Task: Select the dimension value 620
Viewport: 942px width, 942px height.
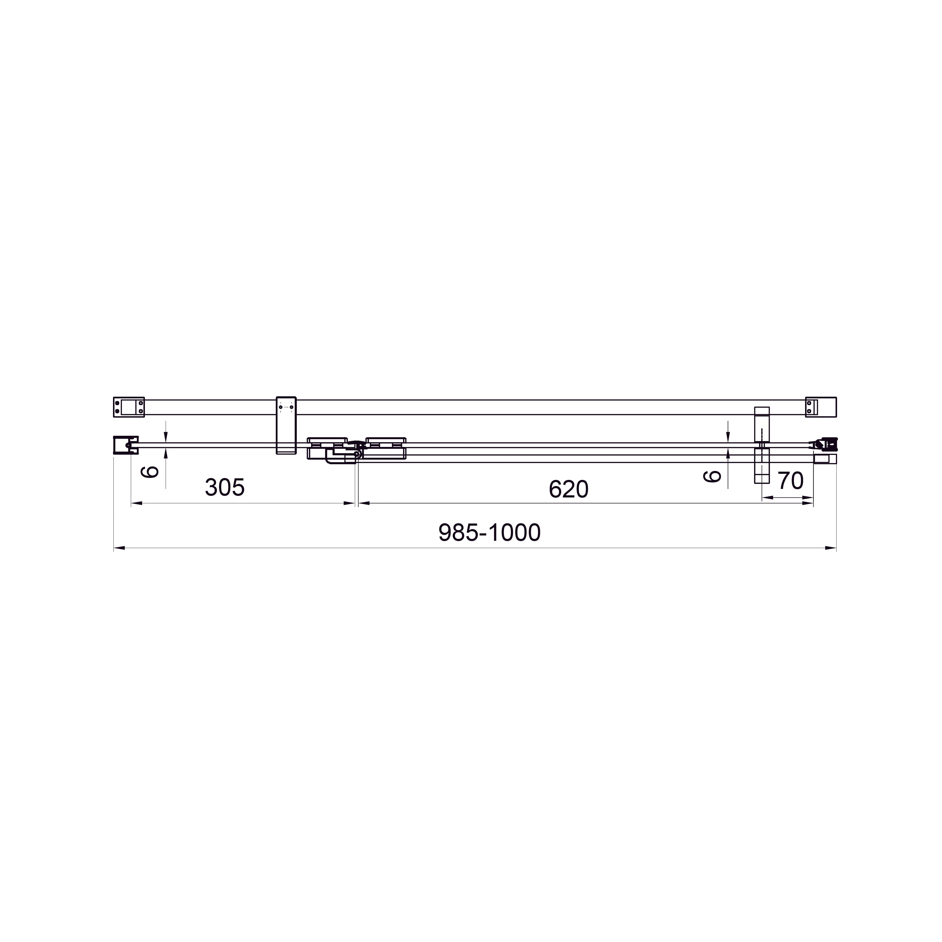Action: [x=568, y=489]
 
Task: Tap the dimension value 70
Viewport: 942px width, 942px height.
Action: [x=790, y=481]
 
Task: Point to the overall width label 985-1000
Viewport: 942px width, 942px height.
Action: [x=489, y=533]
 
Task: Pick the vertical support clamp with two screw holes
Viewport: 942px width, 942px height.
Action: [x=286, y=425]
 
